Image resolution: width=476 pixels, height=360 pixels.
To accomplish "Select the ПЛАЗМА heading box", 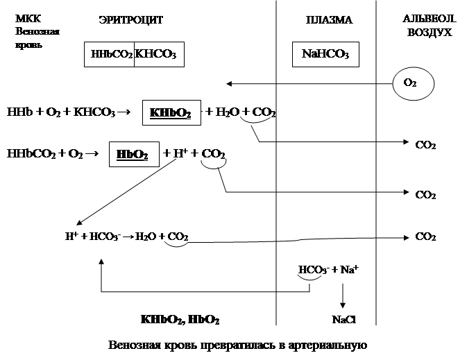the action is [328, 20].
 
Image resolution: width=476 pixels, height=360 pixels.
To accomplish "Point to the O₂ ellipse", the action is [409, 83].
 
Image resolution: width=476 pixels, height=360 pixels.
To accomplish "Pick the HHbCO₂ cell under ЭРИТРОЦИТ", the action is [109, 54].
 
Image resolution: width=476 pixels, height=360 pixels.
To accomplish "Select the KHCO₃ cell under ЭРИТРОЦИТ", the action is [159, 54].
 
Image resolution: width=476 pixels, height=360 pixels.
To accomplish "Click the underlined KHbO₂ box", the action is [171, 112].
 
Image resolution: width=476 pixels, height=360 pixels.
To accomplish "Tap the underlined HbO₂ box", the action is [134, 154].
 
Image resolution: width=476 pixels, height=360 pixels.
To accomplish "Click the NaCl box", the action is [341, 321].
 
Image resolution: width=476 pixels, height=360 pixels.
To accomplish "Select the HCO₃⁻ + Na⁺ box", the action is [327, 270].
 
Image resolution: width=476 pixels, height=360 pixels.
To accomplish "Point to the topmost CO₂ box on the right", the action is [425, 146].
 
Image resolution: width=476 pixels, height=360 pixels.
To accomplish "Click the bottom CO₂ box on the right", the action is [425, 237].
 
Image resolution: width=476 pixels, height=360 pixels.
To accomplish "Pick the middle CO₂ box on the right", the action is [425, 196].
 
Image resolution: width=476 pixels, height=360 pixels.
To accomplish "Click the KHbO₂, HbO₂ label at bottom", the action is [180, 321].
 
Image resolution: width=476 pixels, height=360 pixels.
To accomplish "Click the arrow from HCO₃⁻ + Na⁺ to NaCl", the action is [342, 295].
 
